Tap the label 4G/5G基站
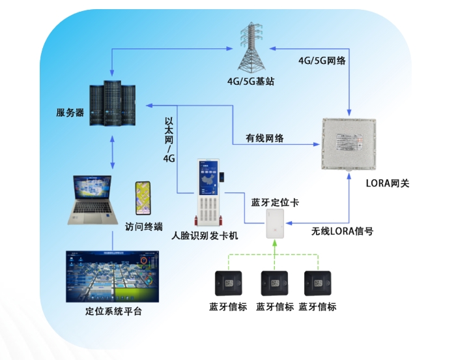250,82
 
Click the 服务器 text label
70,112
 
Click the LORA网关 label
383,183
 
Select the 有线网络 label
265,138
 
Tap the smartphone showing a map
144,198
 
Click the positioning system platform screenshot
112,275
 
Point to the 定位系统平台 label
113,311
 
